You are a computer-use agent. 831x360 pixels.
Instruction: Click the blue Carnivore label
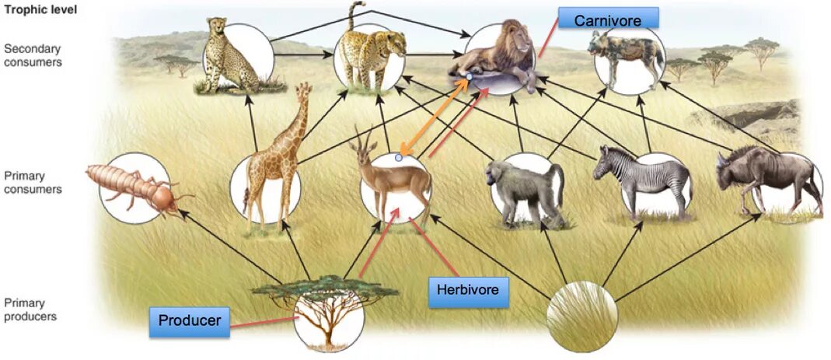[608, 20]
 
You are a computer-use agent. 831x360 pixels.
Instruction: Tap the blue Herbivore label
[466, 292]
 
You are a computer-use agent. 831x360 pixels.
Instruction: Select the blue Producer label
[190, 320]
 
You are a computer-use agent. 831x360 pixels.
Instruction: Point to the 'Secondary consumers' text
[32, 55]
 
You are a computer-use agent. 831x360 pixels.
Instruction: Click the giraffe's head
[302, 93]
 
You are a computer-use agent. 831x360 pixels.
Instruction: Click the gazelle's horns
[360, 138]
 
